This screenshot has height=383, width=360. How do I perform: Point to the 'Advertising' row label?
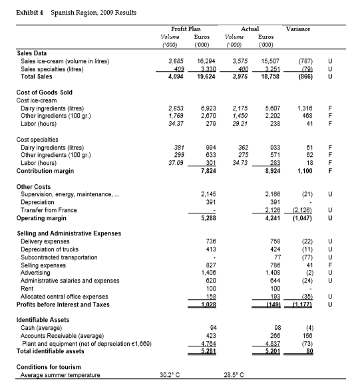[x=37, y=273]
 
